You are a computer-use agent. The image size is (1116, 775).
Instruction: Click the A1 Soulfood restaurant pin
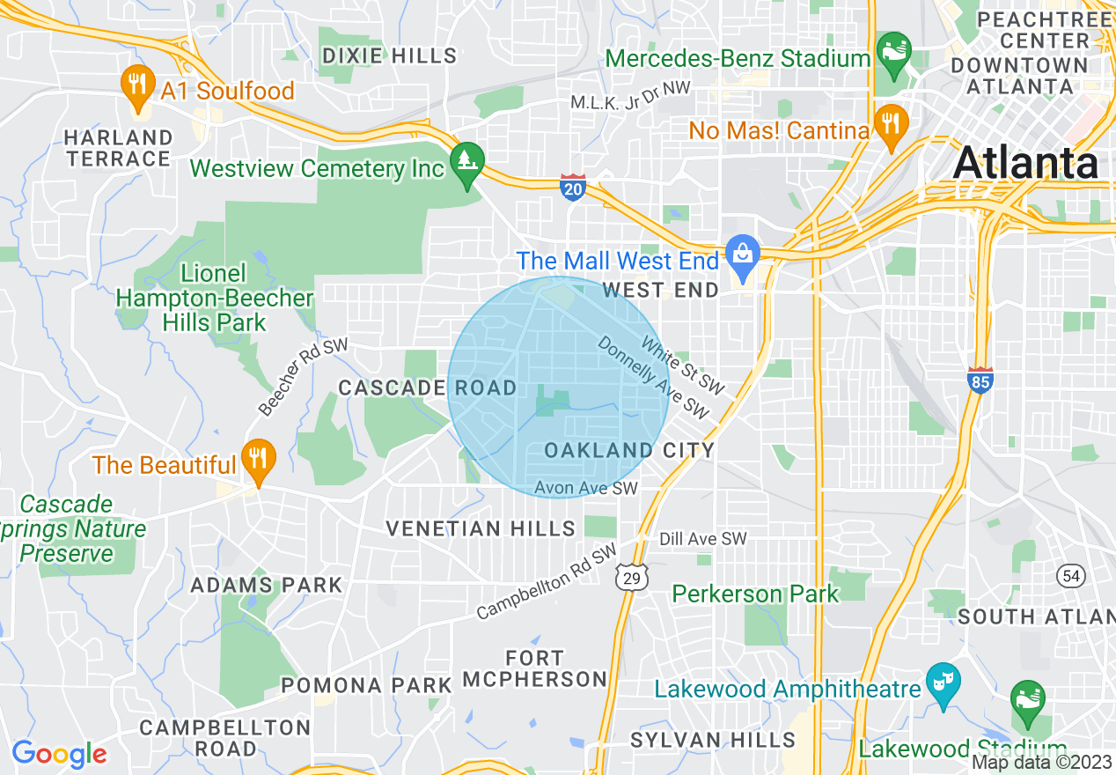coord(136,85)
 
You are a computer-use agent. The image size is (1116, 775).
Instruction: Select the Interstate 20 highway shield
coord(572,186)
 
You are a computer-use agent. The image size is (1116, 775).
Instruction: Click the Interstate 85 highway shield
coord(979,380)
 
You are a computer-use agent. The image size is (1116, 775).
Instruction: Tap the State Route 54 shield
coord(1070,575)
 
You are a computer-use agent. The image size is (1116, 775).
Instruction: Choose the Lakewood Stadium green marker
coord(1027,701)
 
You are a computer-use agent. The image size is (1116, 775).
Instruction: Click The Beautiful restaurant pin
coord(258,459)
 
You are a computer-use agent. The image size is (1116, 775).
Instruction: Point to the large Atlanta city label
coord(1025,164)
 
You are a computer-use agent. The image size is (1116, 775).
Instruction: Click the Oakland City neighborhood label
coord(628,451)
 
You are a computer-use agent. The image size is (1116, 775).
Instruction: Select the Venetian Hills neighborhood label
coord(481,528)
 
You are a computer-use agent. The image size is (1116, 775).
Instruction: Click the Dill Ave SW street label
coord(703,539)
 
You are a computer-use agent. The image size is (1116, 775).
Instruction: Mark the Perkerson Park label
coord(755,594)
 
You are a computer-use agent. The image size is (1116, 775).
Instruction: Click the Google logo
coord(59,754)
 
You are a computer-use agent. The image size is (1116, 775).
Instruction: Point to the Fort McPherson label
coord(534,668)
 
